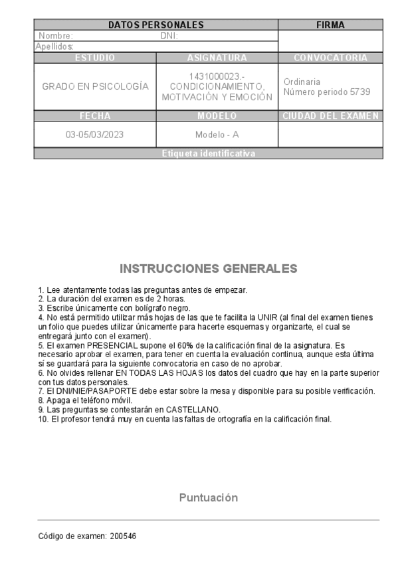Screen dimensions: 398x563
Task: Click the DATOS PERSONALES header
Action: (x=155, y=25)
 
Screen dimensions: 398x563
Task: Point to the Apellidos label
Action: (x=54, y=46)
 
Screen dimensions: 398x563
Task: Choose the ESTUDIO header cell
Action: (x=95, y=58)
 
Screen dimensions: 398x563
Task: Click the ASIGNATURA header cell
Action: (x=217, y=58)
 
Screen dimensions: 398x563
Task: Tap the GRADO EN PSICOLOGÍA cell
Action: (x=95, y=87)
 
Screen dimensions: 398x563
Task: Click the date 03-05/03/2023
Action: (x=95, y=134)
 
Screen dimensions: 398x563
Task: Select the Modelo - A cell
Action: (x=217, y=134)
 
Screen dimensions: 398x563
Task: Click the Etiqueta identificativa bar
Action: (x=208, y=153)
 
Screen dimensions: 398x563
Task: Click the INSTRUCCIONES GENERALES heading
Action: (x=208, y=269)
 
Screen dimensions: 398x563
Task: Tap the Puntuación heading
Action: (x=208, y=497)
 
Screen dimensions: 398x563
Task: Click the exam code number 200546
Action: (x=124, y=535)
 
